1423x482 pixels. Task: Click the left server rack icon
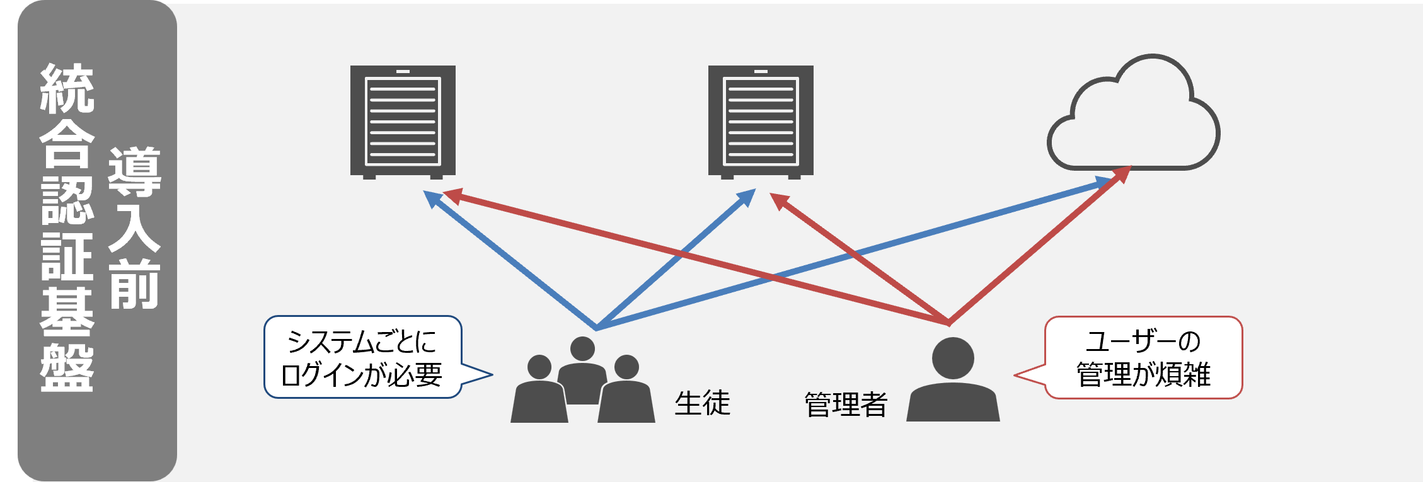[x=403, y=122]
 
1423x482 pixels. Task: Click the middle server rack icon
[x=761, y=122]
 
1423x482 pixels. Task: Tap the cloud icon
[x=1133, y=112]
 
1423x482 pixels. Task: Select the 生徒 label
[x=702, y=403]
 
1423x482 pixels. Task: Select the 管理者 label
[x=846, y=405]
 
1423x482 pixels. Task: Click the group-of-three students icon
[x=583, y=379]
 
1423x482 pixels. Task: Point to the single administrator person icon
[x=953, y=379]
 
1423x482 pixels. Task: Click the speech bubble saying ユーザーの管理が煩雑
[x=1128, y=357]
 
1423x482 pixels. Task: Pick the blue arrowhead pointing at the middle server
[x=746, y=197]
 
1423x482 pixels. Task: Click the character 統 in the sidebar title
[x=67, y=88]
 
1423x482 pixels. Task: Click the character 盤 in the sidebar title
[x=67, y=368]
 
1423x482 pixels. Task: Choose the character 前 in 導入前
[x=134, y=284]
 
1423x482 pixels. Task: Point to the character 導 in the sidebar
[x=134, y=171]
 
